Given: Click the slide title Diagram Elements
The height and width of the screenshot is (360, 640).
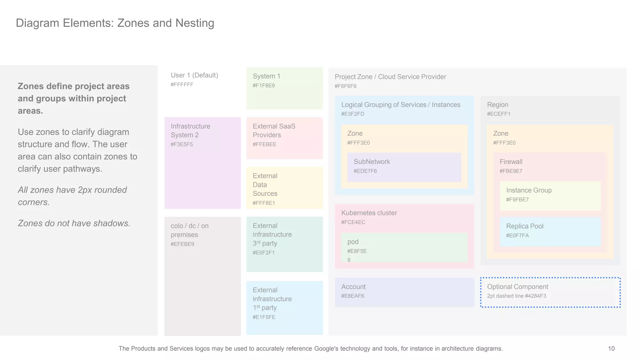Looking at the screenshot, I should [x=115, y=23].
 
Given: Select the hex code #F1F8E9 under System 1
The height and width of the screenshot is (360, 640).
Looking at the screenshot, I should [x=263, y=86].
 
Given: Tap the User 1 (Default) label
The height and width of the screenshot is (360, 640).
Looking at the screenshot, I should [x=194, y=75].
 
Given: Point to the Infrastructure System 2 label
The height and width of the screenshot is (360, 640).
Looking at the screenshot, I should [x=190, y=131].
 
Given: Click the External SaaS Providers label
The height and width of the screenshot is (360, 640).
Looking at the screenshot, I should [x=274, y=131].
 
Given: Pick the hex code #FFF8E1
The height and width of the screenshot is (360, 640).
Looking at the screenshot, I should [x=263, y=203].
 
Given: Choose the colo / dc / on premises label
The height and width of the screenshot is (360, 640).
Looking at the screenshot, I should [x=189, y=230].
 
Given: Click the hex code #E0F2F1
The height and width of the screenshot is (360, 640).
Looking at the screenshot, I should [x=263, y=253].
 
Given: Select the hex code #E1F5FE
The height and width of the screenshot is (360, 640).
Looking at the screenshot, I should [x=264, y=317].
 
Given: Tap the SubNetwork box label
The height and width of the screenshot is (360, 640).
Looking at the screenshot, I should [x=372, y=162].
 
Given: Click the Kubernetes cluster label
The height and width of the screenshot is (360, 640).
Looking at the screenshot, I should [x=369, y=213].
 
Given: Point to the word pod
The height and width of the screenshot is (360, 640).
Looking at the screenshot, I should [x=353, y=242].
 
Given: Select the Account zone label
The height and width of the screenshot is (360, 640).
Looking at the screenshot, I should [x=353, y=287].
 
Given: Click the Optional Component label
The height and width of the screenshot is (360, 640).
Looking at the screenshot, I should [x=517, y=287].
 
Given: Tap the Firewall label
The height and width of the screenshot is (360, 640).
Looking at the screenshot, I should [x=511, y=162].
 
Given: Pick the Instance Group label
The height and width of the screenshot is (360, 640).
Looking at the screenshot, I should [x=529, y=190].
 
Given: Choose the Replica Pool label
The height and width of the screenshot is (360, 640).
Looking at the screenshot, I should [x=525, y=226].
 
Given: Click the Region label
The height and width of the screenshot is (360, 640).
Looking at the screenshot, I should [x=497, y=105].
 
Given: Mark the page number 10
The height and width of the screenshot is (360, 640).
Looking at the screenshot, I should [x=611, y=349].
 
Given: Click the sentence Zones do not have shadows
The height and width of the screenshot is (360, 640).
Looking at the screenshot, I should [x=74, y=223].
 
